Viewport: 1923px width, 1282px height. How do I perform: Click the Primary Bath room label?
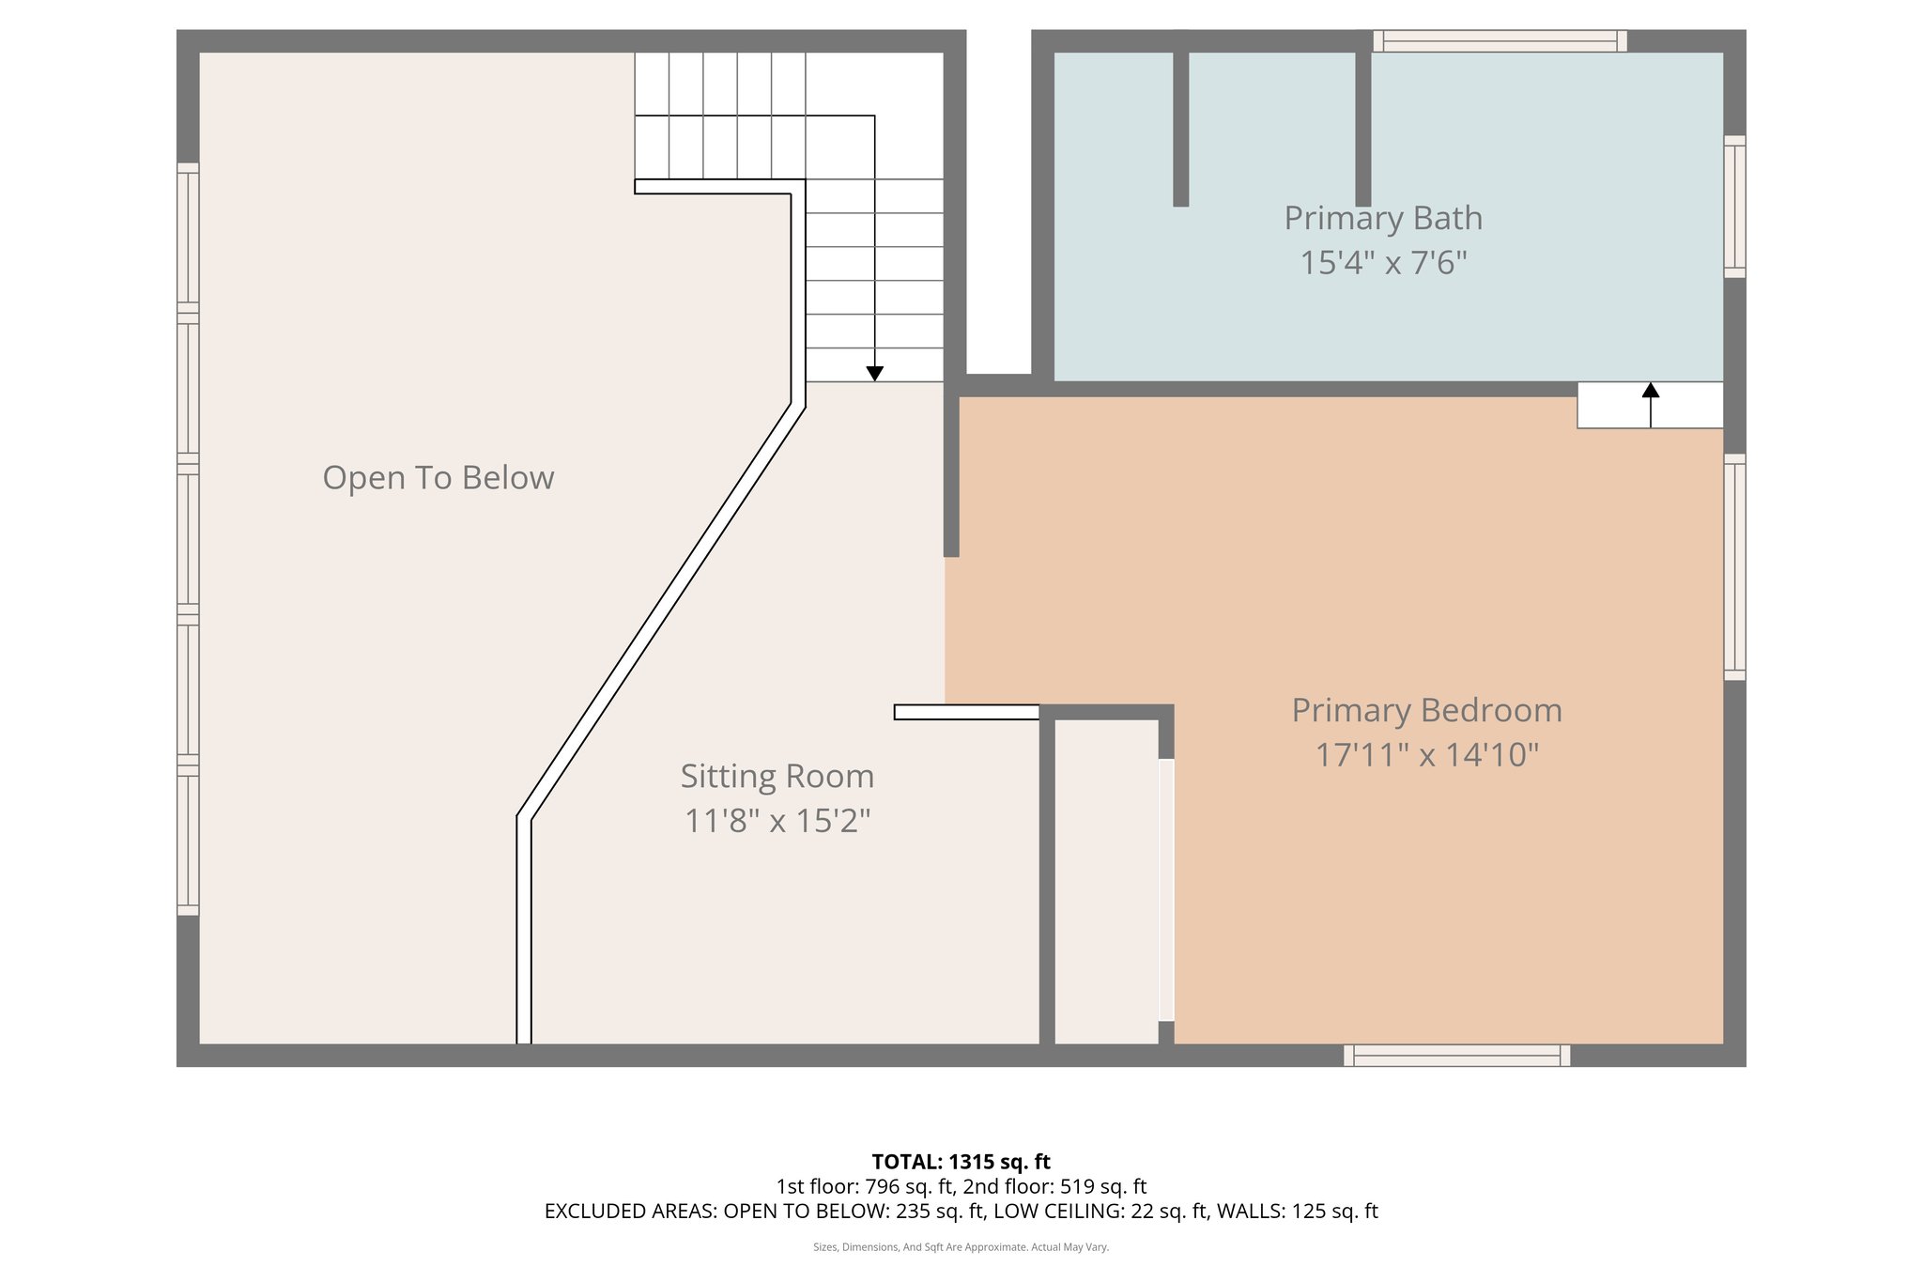1382,218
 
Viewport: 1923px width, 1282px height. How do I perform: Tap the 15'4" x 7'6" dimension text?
1382,262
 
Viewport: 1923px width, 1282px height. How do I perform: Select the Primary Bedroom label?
1426,710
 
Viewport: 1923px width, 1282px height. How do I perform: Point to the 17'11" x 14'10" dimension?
1426,754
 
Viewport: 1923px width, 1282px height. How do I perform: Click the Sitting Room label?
777,777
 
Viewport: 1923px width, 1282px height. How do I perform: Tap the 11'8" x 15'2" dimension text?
777,821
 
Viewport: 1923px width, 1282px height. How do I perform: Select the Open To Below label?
438,478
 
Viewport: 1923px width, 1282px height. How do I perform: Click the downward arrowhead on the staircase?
874,374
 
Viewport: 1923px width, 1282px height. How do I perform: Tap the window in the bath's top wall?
1500,41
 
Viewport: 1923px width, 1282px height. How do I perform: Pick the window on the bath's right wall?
1734,207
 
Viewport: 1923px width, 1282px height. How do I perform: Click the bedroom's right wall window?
1734,566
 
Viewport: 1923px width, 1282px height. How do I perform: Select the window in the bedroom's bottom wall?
1456,1056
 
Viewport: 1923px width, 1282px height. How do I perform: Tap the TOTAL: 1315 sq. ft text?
961,1162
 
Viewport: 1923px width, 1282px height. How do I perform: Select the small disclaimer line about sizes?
961,1247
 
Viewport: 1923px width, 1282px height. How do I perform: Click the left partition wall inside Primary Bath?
1180,129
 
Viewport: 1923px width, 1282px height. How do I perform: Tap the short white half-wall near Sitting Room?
966,712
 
